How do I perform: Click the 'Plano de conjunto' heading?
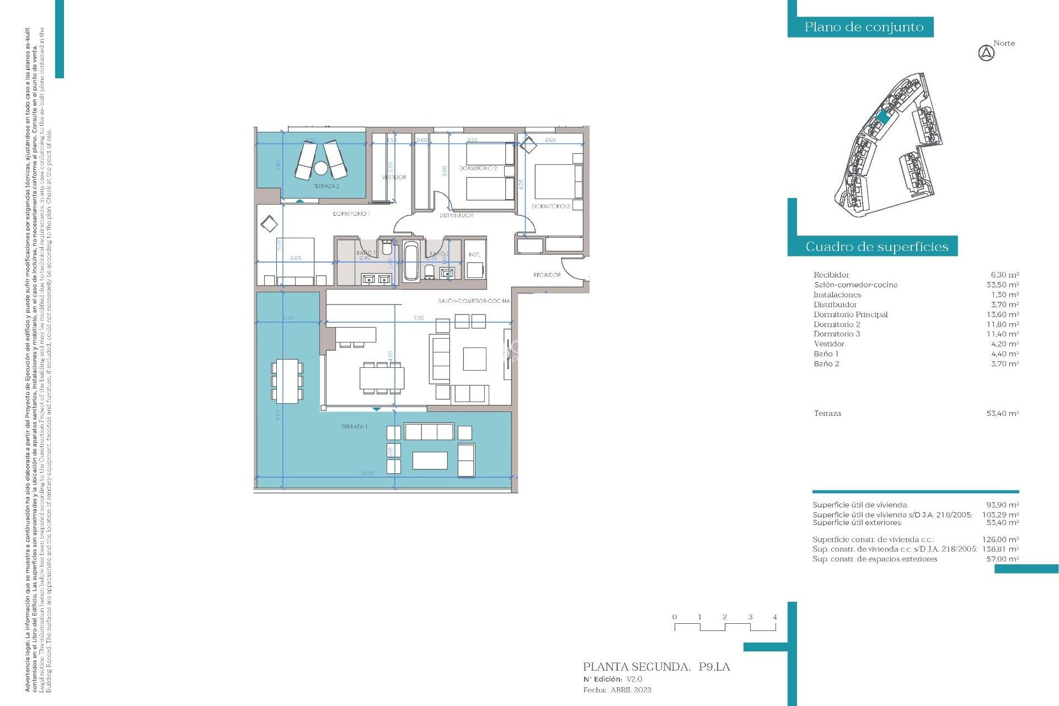pyautogui.click(x=863, y=27)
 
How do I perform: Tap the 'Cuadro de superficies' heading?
pyautogui.click(x=876, y=247)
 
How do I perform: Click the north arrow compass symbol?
pyautogui.click(x=986, y=54)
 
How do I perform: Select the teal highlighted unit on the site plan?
pyautogui.click(x=883, y=117)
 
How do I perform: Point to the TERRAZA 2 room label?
pyautogui.click(x=326, y=186)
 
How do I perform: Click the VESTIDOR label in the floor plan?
pyautogui.click(x=394, y=177)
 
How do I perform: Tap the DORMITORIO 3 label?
pyautogui.click(x=550, y=206)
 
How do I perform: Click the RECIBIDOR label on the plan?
pyautogui.click(x=547, y=275)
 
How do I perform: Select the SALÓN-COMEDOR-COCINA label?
pyautogui.click(x=474, y=301)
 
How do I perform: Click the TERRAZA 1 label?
pyautogui.click(x=354, y=427)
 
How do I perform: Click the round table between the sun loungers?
pyautogui.click(x=321, y=167)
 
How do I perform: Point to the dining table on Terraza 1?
pyautogui.click(x=287, y=381)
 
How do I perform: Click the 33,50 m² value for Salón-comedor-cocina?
pyautogui.click(x=1002, y=285)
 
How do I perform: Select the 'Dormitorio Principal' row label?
pyautogui.click(x=851, y=314)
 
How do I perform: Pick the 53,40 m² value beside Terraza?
pyautogui.click(x=1002, y=413)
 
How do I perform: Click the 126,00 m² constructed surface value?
pyautogui.click(x=1000, y=539)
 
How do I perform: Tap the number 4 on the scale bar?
pyautogui.click(x=775, y=617)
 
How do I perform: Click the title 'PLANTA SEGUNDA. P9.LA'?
pyautogui.click(x=656, y=667)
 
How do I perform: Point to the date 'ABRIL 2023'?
pyautogui.click(x=630, y=690)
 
